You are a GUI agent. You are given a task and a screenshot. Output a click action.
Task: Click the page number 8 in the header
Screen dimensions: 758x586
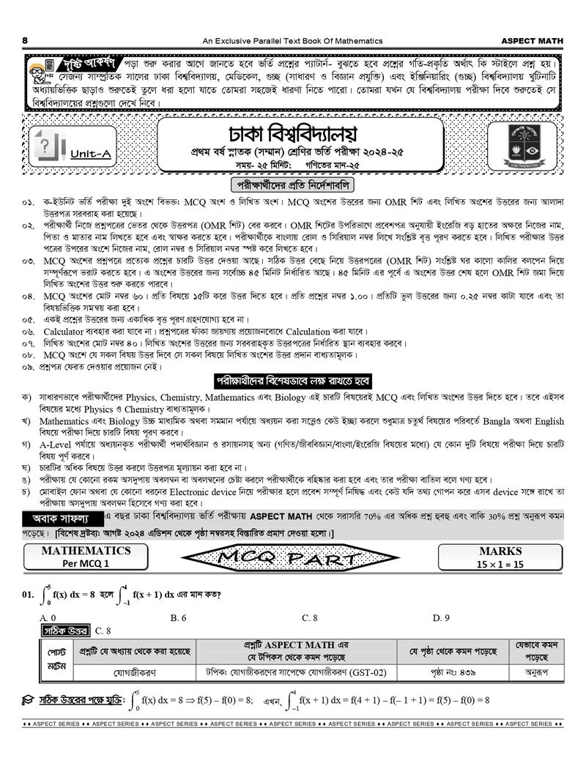pos(26,40)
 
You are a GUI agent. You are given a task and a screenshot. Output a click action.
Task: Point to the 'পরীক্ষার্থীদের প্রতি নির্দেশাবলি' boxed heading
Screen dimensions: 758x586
pos(292,185)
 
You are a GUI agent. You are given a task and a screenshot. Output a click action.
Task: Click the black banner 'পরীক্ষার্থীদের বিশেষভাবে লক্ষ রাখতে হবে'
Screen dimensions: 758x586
pos(292,382)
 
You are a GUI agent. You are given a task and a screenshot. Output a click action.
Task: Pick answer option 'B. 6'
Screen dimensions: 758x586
pos(179,618)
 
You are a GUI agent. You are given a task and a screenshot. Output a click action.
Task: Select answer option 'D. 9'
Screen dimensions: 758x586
pos(441,618)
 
